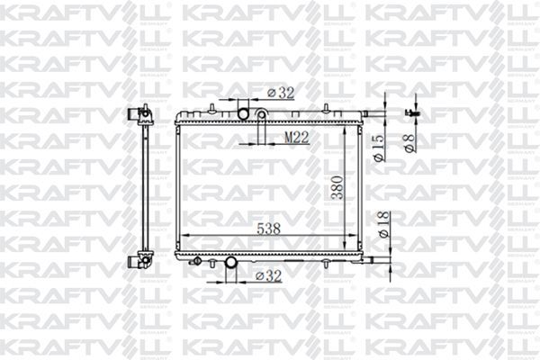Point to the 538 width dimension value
[267, 229]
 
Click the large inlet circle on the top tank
[243, 114]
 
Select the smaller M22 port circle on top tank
[261, 115]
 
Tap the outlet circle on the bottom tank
[231, 263]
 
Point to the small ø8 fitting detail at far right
[413, 112]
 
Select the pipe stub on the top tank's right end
[369, 112]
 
